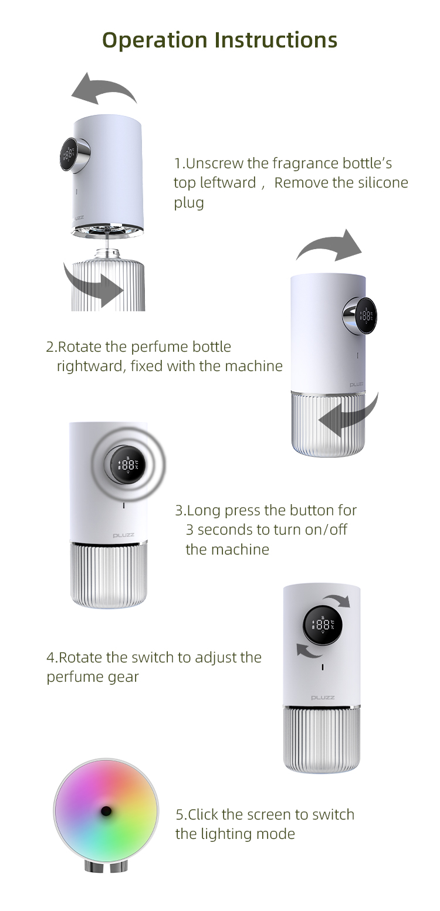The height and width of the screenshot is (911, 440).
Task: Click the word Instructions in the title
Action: coord(276,40)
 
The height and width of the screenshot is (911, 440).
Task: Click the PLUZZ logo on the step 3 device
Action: coord(124,535)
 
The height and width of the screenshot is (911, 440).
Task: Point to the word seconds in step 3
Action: coord(233,530)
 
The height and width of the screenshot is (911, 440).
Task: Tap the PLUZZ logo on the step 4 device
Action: coord(323,698)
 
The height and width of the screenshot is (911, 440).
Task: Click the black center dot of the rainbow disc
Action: coord(106,811)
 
